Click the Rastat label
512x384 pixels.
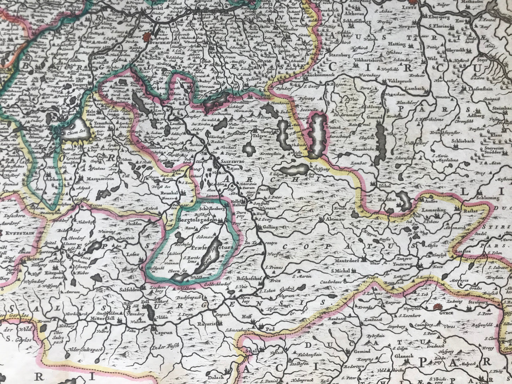471,210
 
